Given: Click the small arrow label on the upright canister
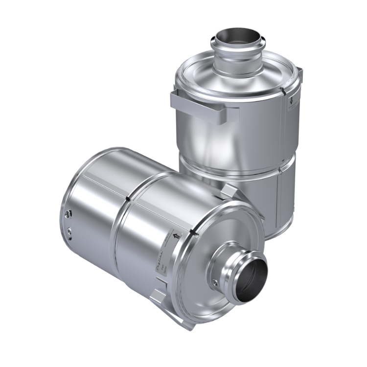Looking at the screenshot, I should tap(291, 101).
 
